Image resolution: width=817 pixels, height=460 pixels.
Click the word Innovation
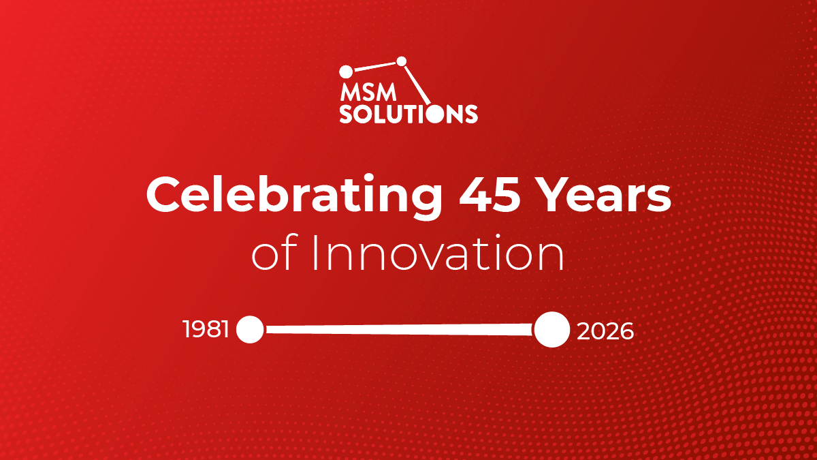point(438,254)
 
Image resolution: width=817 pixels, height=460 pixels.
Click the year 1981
point(206,329)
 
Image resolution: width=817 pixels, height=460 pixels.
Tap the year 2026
point(605,331)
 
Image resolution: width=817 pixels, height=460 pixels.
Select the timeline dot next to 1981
point(250,330)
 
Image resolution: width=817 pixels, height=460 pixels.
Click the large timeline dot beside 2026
point(552,330)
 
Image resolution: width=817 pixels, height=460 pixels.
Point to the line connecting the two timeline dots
point(399,330)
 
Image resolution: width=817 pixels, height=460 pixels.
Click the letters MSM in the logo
point(368,93)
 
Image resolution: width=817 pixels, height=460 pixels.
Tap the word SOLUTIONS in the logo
point(408,114)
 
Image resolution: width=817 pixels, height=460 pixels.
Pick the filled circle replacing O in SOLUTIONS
point(435,114)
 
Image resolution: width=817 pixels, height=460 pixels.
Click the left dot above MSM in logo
point(346,72)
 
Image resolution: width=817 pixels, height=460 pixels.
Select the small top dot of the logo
point(402,61)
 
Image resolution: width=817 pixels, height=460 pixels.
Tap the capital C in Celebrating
point(163,195)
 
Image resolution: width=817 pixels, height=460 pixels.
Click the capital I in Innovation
point(315,254)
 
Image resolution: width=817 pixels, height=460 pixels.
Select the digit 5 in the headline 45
point(507,195)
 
